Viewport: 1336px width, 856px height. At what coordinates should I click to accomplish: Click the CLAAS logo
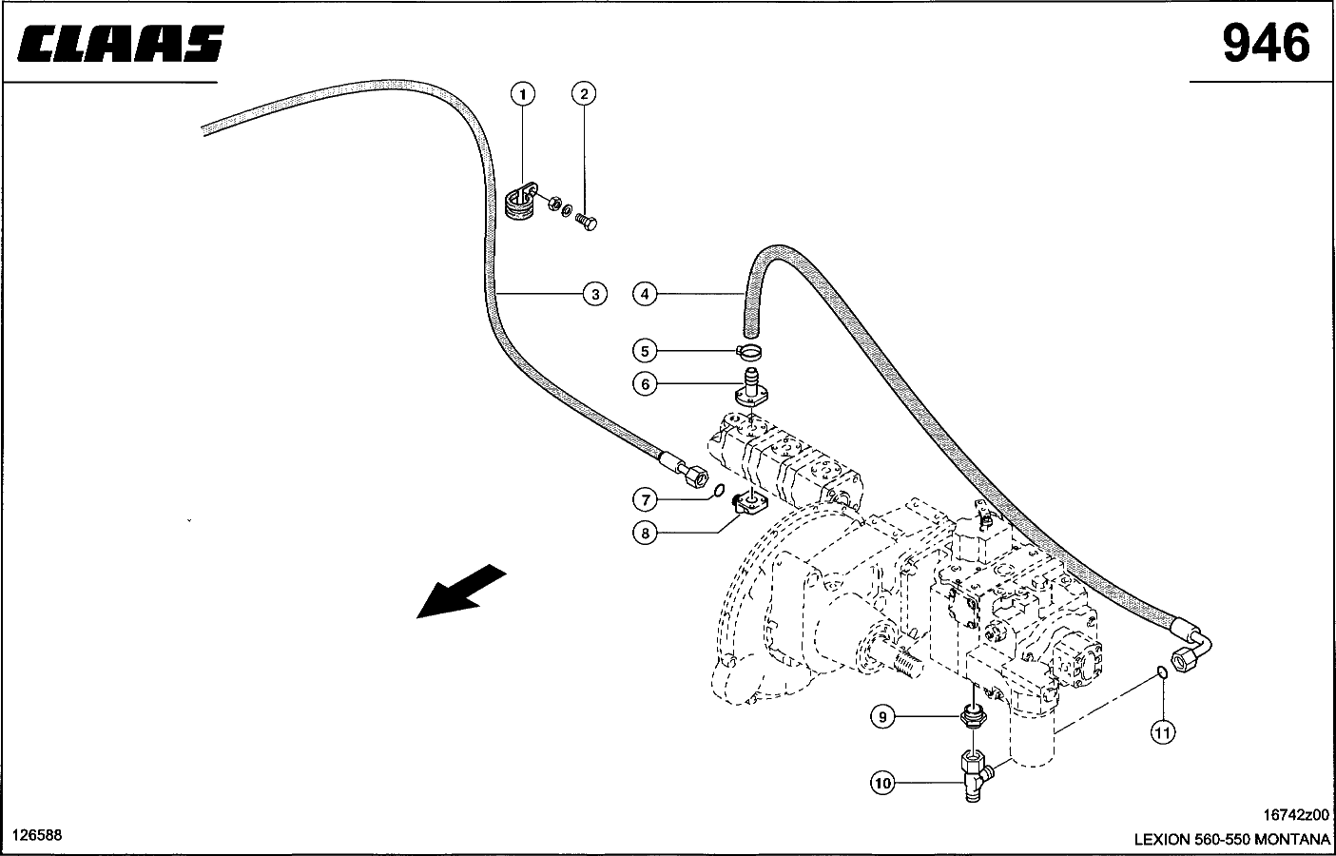pos(121,44)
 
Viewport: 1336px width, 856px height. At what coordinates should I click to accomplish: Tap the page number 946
pos(1266,43)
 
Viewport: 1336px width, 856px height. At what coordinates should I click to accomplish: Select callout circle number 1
pos(523,94)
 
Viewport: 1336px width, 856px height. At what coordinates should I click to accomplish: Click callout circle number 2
pos(584,93)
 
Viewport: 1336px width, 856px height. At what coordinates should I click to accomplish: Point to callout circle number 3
pos(595,294)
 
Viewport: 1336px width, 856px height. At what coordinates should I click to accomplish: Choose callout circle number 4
pos(645,294)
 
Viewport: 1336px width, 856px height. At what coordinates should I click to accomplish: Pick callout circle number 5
pos(645,351)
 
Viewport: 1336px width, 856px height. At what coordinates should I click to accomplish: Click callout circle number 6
pos(645,384)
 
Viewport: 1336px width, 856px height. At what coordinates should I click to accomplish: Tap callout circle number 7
pos(645,500)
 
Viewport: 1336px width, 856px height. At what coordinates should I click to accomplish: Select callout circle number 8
pos(645,533)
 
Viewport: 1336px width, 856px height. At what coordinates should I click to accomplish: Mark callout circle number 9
pos(882,716)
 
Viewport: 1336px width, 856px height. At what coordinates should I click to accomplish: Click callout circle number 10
pos(882,783)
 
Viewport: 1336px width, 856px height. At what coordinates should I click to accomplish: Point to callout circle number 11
pos(1163,732)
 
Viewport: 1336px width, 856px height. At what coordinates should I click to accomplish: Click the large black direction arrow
pos(460,592)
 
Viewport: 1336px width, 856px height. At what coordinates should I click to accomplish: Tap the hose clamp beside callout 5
pos(749,353)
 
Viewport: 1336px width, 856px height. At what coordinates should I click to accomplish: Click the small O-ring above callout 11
pos(1162,672)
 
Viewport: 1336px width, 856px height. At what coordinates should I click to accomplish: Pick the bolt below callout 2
pos(587,223)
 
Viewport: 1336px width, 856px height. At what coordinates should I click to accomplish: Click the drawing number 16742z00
pos(1296,815)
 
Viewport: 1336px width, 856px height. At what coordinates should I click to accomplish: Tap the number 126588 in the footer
pos(37,835)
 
